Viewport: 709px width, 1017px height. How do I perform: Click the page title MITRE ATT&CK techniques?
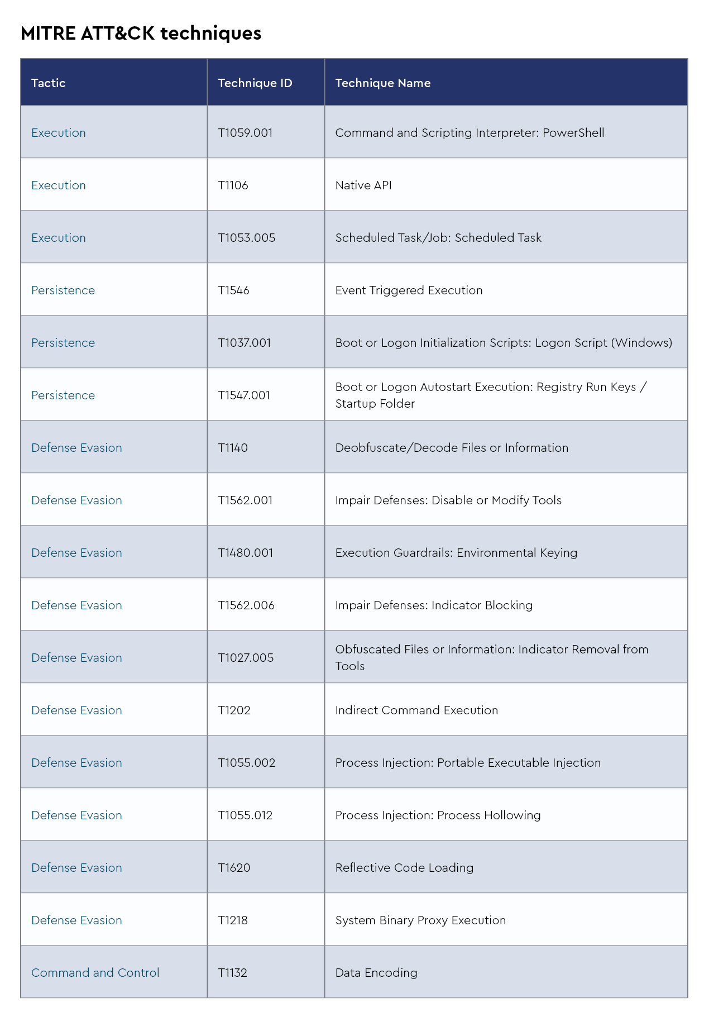141,34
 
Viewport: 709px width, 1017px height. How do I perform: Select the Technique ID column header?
255,83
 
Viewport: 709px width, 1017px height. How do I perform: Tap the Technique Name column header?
382,83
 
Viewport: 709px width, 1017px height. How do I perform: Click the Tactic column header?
49,83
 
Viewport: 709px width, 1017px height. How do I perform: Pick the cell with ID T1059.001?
245,133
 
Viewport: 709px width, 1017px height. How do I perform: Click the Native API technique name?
363,185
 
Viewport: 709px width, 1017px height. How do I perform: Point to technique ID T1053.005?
246,238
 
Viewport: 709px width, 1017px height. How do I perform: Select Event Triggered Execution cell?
409,290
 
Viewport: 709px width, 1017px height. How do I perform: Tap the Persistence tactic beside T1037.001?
63,343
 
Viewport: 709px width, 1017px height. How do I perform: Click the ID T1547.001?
244,395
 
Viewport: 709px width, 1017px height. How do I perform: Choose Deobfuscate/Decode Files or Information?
451,448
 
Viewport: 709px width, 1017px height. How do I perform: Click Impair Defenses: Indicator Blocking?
433,605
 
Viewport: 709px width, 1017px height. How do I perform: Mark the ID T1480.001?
245,553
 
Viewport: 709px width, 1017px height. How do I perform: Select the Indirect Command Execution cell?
416,710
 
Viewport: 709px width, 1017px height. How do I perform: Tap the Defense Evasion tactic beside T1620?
76,868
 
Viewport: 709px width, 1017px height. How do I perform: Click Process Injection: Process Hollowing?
438,815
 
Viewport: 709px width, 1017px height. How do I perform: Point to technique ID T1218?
233,920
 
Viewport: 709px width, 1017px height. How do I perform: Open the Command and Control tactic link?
95,973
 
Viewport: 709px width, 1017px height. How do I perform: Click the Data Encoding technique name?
376,973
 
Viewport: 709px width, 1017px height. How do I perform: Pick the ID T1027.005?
246,658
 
